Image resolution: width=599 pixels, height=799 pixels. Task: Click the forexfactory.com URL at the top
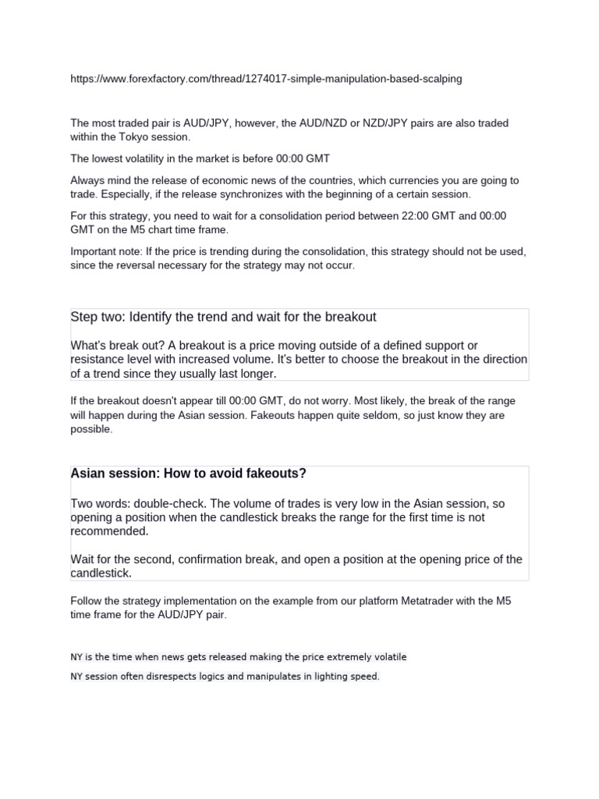(x=265, y=79)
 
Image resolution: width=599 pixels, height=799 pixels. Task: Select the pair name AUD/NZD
(x=321, y=123)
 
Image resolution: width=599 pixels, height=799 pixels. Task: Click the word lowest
(x=106, y=158)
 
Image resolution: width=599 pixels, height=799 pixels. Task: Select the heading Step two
(x=97, y=317)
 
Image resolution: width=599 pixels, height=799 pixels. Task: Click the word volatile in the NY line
(x=386, y=657)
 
